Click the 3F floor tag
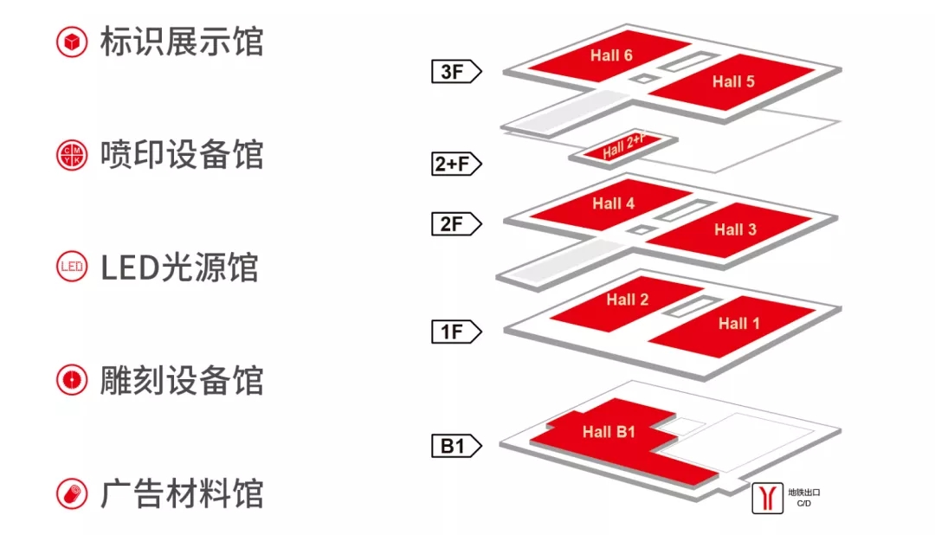(x=454, y=71)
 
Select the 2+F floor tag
(x=454, y=164)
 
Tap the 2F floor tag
(x=454, y=224)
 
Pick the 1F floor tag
(x=454, y=332)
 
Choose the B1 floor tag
(x=454, y=447)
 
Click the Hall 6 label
(x=611, y=55)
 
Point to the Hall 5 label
(x=733, y=81)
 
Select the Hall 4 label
(x=613, y=203)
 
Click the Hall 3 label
(x=735, y=229)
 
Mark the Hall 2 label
(x=627, y=300)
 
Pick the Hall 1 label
(x=738, y=323)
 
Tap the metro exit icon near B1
(x=767, y=498)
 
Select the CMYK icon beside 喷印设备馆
(x=72, y=156)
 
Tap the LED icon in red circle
(x=72, y=267)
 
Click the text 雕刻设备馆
(x=181, y=381)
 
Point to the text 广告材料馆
(x=181, y=494)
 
